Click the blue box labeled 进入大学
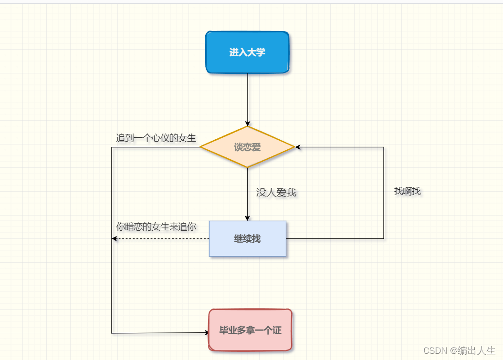click(x=247, y=52)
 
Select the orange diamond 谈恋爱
click(x=247, y=147)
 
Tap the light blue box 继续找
click(x=247, y=238)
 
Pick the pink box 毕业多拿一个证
click(x=250, y=330)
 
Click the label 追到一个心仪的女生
click(x=156, y=138)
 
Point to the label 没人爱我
click(x=276, y=192)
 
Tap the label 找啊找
click(x=408, y=191)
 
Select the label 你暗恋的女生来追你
click(x=156, y=227)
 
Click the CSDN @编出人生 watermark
click(x=460, y=350)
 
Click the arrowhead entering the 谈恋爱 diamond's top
click(x=248, y=123)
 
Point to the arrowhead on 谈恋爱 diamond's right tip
click(x=298, y=147)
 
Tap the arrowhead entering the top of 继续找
click(x=248, y=218)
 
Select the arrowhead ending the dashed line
click(x=115, y=238)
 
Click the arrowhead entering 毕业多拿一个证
click(x=206, y=332)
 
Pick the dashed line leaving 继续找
click(x=162, y=238)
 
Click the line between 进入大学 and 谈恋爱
click(x=248, y=98)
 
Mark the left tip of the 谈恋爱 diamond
click(x=201, y=147)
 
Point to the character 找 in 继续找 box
click(x=256, y=238)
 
